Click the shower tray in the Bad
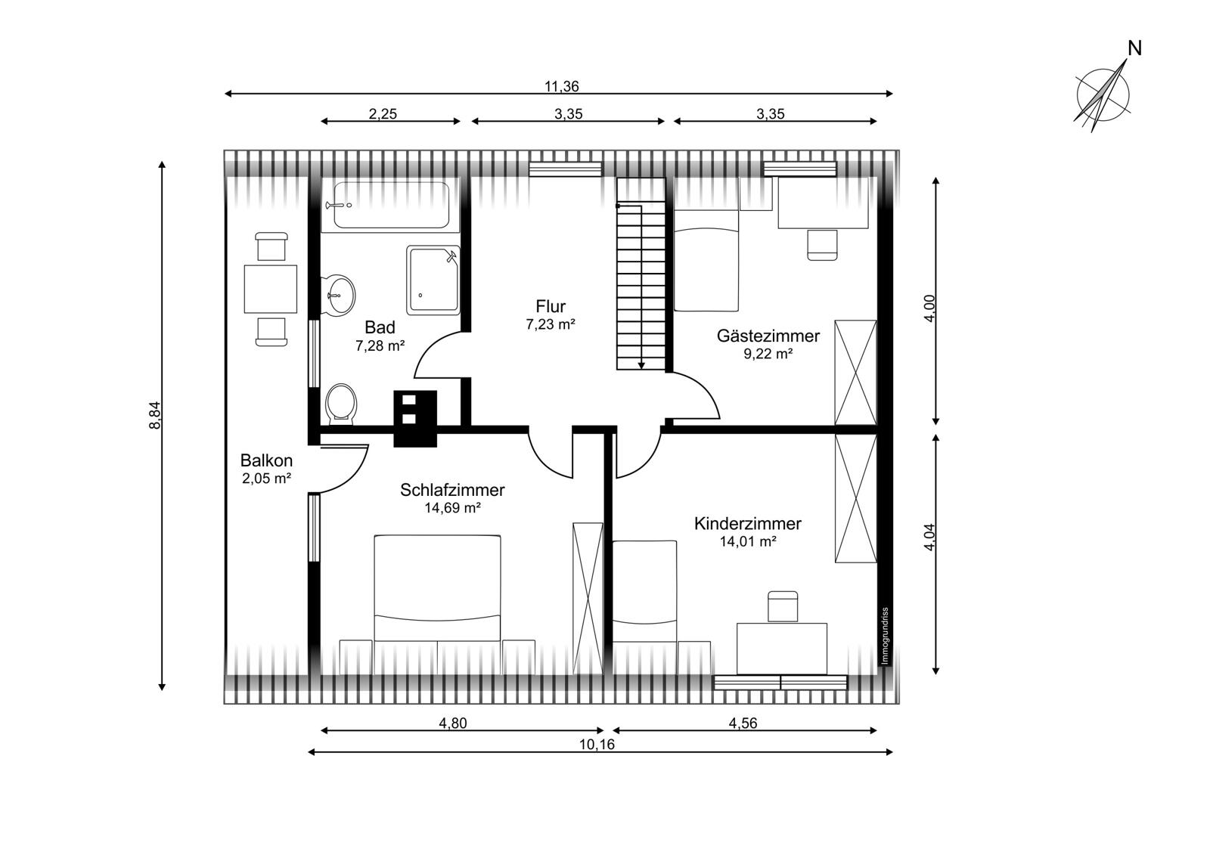click(x=433, y=280)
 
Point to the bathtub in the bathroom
click(x=391, y=205)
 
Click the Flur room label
click(x=551, y=306)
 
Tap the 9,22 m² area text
click(x=768, y=354)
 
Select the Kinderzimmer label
click(x=748, y=523)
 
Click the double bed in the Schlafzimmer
click(x=437, y=588)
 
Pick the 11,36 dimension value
click(x=561, y=86)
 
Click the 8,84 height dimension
click(x=155, y=415)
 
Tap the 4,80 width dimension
click(x=453, y=723)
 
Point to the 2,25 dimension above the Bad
click(x=383, y=114)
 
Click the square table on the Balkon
click(x=270, y=289)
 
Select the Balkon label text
click(x=266, y=460)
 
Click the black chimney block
click(x=415, y=419)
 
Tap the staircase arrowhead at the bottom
click(x=641, y=366)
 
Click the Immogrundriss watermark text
click(x=884, y=637)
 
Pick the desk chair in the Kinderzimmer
click(x=783, y=606)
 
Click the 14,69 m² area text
click(x=452, y=508)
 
